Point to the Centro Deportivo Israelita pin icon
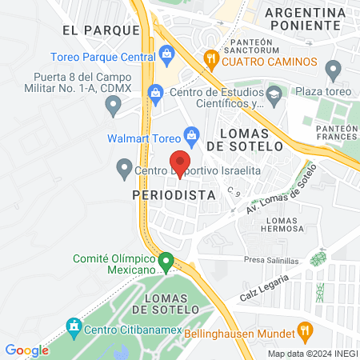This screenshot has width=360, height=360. [124, 169]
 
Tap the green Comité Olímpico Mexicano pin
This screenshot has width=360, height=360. [166, 261]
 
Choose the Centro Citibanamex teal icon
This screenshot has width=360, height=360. [74, 326]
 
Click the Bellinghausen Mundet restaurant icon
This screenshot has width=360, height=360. [303, 330]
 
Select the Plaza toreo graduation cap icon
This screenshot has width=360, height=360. [274, 96]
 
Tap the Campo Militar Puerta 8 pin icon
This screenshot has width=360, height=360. [114, 103]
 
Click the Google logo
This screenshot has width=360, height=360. [26, 350]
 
